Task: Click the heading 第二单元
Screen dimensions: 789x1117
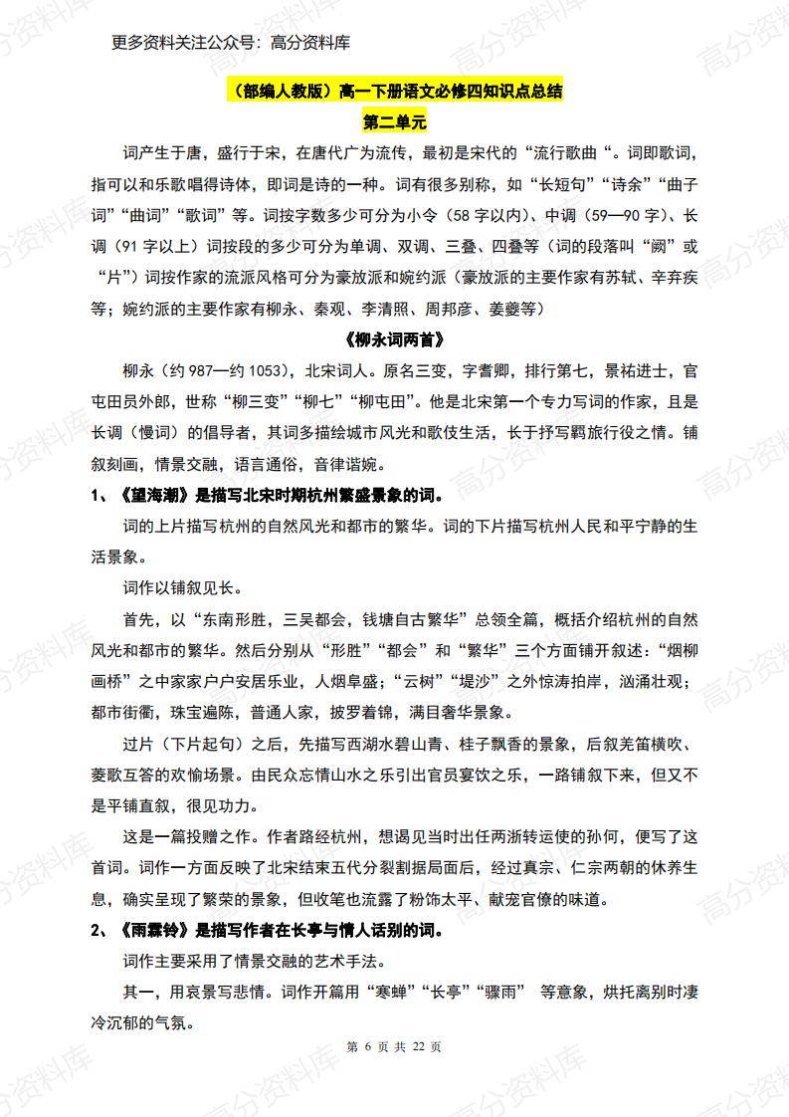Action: (394, 124)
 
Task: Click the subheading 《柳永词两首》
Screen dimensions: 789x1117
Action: (394, 338)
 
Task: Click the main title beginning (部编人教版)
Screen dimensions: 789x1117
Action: (394, 93)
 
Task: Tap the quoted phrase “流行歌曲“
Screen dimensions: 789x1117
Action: (588, 153)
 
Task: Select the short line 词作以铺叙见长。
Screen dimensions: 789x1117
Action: (185, 587)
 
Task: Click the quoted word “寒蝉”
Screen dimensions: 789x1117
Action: (387, 994)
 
